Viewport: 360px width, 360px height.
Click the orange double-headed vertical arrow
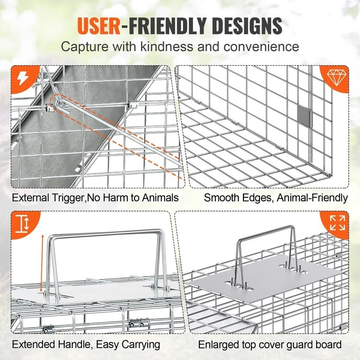[42, 263]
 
